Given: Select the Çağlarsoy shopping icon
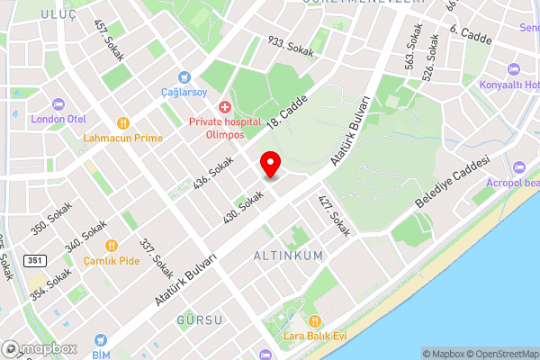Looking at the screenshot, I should tap(184, 77).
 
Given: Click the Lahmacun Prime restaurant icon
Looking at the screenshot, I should tap(122, 123).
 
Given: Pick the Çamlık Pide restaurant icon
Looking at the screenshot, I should tap(112, 245).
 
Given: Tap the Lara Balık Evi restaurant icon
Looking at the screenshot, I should tap(314, 321).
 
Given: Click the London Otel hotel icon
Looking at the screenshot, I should tap(58, 103).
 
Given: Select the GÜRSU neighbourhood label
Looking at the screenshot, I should tap(198, 321).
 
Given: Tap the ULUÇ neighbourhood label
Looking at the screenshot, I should tap(58, 14).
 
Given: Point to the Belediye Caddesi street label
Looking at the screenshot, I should tap(451, 182).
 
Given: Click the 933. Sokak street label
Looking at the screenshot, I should tap(290, 47).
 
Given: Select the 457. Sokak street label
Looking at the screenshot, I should tap(107, 34).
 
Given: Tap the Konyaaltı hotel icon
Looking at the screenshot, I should tap(514, 69).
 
